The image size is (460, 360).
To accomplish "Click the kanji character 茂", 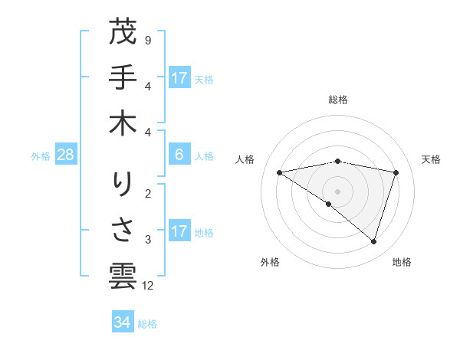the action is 123,32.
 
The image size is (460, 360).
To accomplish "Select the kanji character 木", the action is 123,125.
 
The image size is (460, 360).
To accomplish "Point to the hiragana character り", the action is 123,185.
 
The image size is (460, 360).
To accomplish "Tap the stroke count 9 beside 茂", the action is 148,39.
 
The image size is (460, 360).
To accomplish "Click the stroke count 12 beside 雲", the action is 149,286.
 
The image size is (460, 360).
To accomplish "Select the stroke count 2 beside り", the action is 148,192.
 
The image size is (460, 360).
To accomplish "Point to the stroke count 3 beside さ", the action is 148,240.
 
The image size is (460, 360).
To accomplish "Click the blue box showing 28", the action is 66,155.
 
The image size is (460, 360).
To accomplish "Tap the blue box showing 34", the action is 123,322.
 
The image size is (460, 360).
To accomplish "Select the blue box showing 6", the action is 179,155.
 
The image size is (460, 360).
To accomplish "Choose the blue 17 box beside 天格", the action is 179,77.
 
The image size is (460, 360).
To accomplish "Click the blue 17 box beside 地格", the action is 179,231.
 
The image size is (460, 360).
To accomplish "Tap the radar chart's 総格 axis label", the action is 338,100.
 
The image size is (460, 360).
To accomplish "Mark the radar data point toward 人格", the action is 280,172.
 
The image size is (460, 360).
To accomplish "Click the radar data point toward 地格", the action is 373,241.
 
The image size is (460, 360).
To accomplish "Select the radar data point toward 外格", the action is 329,204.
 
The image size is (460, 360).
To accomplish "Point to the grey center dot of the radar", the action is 337,191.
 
